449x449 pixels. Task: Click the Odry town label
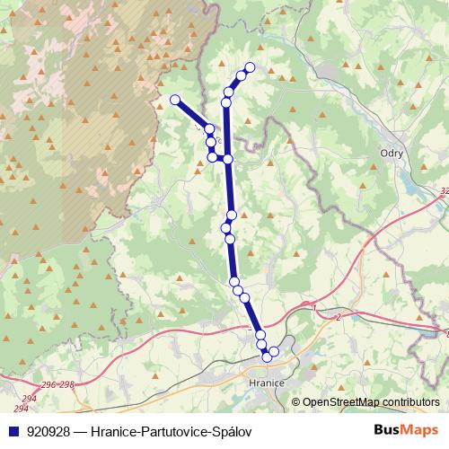(x=392, y=153)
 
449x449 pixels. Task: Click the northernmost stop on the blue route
(x=250, y=67)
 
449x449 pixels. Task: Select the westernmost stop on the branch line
(x=175, y=100)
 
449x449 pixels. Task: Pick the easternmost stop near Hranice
(x=274, y=351)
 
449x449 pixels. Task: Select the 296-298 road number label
(x=58, y=384)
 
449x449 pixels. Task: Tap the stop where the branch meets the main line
(x=228, y=159)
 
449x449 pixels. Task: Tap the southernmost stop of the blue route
(x=267, y=357)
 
